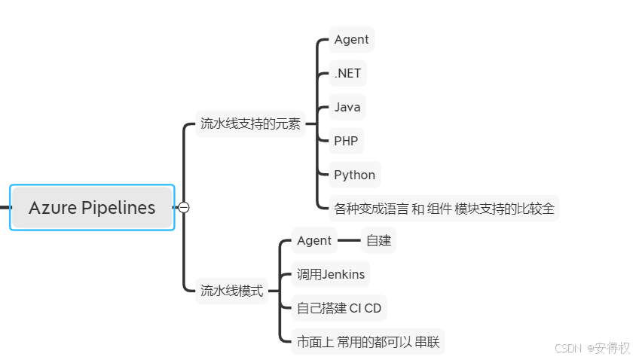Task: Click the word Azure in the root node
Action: click(x=53, y=208)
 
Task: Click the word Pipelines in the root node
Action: click(x=118, y=208)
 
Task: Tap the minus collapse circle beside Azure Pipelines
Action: click(x=183, y=207)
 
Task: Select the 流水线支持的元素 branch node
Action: click(x=249, y=124)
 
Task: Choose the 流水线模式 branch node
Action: click(x=231, y=291)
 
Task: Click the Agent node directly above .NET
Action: click(x=351, y=39)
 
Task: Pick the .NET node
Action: click(x=347, y=73)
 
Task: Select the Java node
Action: click(x=347, y=107)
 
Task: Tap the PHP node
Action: click(x=346, y=141)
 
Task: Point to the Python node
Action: click(x=354, y=175)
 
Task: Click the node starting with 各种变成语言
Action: click(x=444, y=209)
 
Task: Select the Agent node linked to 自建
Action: click(x=313, y=240)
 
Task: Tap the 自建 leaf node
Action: click(x=378, y=241)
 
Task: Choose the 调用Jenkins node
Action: click(x=330, y=274)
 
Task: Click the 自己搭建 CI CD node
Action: click(x=338, y=308)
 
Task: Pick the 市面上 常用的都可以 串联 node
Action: click(x=367, y=342)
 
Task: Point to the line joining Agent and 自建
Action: click(x=348, y=240)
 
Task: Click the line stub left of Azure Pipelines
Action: click(x=5, y=207)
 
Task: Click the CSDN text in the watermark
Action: click(x=568, y=348)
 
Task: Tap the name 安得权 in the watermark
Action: click(x=612, y=348)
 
